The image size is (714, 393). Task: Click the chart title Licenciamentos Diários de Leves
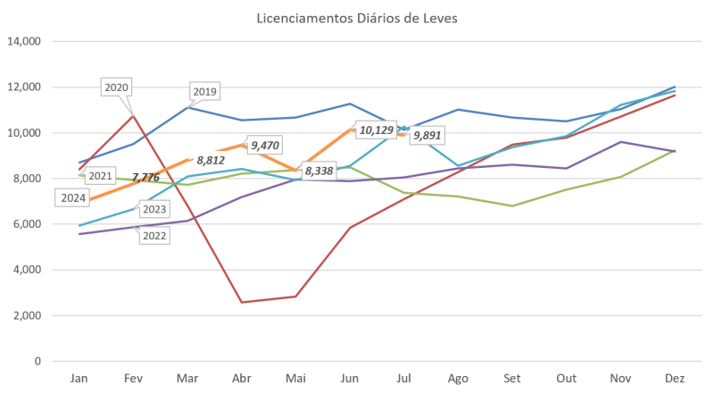(x=357, y=18)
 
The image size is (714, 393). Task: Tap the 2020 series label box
(x=117, y=87)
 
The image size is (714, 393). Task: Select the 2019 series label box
(x=205, y=91)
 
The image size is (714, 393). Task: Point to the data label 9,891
(x=427, y=135)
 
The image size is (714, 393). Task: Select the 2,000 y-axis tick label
(x=28, y=315)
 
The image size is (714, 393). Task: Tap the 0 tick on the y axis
(x=38, y=361)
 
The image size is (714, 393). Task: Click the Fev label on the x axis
(x=133, y=379)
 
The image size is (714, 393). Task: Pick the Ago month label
(x=457, y=379)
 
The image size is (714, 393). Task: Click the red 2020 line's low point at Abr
(x=241, y=302)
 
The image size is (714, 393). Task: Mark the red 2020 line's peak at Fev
(x=133, y=114)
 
